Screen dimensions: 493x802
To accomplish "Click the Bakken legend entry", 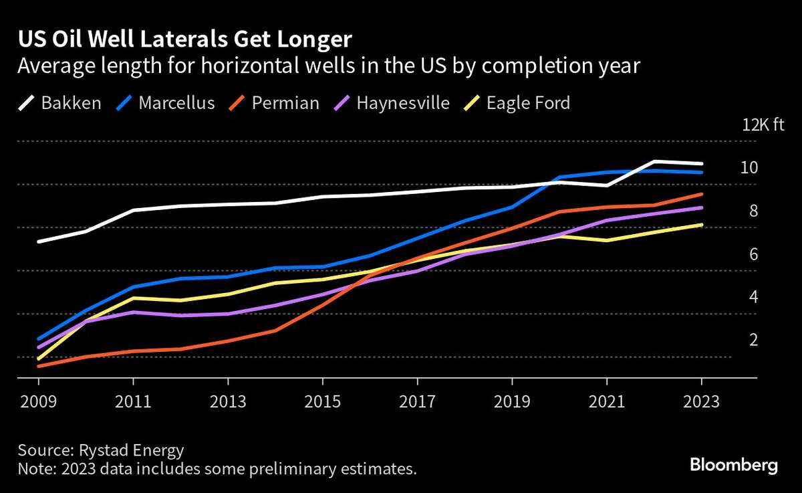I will coord(59,103).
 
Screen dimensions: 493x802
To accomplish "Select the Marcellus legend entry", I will coord(166,103).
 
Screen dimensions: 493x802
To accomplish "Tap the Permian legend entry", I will coord(275,103).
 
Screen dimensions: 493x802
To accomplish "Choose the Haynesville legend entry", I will coord(392,103).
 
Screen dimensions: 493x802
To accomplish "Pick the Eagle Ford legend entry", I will coord(517,103).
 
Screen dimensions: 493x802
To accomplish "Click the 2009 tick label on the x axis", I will coord(38,402).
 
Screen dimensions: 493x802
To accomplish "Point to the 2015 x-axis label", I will coord(323,402).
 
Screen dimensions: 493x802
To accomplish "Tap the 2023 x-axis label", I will coord(702,402).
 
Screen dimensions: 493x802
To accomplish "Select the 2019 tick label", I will coord(512,402).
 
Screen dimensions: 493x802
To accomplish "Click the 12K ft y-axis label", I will coord(762,124).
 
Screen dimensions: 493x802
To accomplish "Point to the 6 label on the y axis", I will coord(754,254).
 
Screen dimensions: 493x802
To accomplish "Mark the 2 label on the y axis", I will coord(754,340).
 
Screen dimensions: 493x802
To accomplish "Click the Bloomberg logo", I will coord(733,465).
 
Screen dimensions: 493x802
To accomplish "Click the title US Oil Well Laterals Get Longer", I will coord(184,39).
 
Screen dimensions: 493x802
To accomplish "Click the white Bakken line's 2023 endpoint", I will coord(702,164).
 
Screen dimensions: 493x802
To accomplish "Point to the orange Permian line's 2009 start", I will coord(38,366).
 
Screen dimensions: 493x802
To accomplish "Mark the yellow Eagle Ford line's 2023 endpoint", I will coord(702,225).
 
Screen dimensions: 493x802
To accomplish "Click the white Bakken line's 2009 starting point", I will coord(38,241).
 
